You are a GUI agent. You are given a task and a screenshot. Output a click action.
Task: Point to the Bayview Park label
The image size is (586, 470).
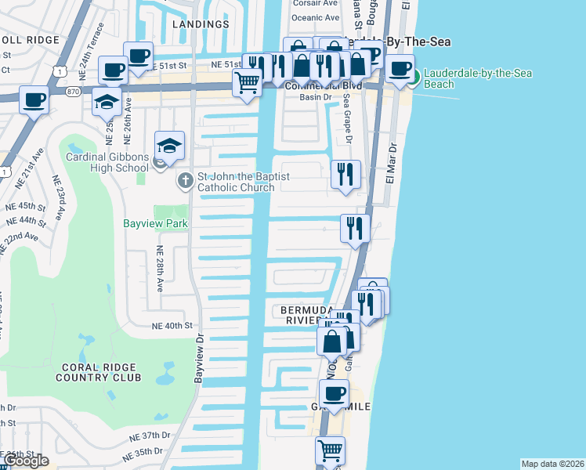tap(155, 223)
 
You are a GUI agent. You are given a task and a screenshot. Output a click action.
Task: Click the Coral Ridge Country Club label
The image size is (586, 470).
tap(98, 372)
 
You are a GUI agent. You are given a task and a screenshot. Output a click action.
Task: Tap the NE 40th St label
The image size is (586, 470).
tap(172, 326)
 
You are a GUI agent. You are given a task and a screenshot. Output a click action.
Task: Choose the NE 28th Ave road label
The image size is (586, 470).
tap(160, 268)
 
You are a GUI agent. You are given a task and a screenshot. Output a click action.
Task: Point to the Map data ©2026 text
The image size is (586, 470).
tap(552, 464)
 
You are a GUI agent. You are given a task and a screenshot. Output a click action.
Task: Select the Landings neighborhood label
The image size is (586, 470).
tap(200, 24)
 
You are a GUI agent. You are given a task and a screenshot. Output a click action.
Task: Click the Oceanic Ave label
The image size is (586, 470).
tap(316, 17)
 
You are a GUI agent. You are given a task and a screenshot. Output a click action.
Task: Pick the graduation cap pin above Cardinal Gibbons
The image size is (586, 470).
tap(169, 145)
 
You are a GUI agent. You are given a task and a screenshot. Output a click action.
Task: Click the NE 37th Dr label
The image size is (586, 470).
tap(150, 436)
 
